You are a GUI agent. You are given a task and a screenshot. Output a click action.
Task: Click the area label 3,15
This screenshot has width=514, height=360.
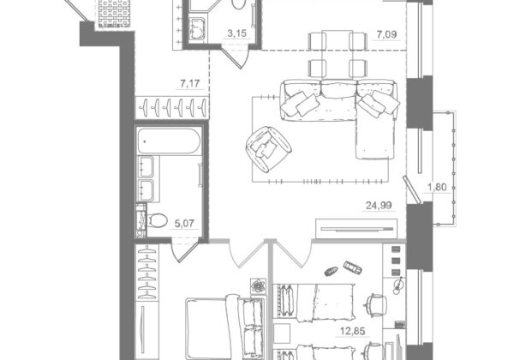pyautogui.click(x=236, y=33)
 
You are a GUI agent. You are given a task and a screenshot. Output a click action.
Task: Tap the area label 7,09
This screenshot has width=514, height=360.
pyautogui.click(x=386, y=34)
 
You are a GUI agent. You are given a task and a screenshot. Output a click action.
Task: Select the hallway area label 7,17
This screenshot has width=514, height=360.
pyautogui.click(x=190, y=84)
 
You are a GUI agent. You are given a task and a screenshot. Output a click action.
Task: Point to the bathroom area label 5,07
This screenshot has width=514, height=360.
pyautogui.click(x=184, y=224)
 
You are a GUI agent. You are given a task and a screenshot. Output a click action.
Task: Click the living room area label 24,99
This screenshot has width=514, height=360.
pyautogui.click(x=379, y=206)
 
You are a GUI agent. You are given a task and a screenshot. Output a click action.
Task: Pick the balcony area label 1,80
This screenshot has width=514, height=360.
pyautogui.click(x=437, y=187)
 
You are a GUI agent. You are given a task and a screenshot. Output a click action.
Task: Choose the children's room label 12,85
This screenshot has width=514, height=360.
pyautogui.click(x=352, y=331)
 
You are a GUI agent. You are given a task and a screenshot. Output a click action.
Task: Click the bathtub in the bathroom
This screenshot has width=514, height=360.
pyautogui.click(x=169, y=141)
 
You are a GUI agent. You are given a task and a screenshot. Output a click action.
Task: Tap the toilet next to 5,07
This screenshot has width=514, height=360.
pyautogui.click(x=157, y=220)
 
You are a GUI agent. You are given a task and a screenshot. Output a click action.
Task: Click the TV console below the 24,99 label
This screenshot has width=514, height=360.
pyautogui.click(x=356, y=229)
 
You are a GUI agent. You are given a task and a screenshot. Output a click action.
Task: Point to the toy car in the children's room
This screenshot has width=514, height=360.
pyautogui.click(x=353, y=267)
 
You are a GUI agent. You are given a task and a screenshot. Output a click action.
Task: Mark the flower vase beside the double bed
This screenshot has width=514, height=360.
pyautogui.click(x=259, y=286)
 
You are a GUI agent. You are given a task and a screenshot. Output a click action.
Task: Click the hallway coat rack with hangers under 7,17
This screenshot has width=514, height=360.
pyautogui.click(x=172, y=107)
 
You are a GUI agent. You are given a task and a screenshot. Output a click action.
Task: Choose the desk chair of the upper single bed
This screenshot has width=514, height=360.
pyautogui.click(x=375, y=306)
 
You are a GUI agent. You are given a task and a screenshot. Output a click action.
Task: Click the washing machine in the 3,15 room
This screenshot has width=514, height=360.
pyautogui.click(x=197, y=29)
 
